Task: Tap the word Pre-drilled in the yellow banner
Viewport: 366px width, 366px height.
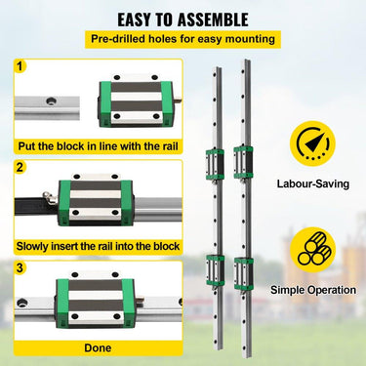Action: (x=118, y=39)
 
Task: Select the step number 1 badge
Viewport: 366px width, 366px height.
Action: (x=20, y=66)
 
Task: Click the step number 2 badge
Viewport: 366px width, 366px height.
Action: (x=20, y=168)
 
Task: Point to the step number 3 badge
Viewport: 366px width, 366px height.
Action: (x=20, y=268)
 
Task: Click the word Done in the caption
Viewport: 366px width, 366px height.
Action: (x=98, y=347)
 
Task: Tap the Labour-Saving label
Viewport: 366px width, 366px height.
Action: (x=313, y=183)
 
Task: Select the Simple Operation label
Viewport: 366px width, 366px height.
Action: (x=313, y=290)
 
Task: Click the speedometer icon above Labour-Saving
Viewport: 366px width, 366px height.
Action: (x=312, y=143)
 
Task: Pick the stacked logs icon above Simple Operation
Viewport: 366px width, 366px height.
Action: (x=312, y=250)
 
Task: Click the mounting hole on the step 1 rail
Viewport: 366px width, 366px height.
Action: (x=51, y=102)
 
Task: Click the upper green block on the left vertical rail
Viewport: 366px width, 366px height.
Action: (x=215, y=164)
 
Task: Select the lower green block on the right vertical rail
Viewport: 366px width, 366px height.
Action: (x=244, y=274)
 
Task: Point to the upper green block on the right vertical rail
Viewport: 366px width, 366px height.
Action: (x=243, y=162)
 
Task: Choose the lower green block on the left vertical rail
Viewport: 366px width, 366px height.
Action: (x=216, y=270)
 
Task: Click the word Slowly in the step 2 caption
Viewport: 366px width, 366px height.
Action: (x=31, y=246)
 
